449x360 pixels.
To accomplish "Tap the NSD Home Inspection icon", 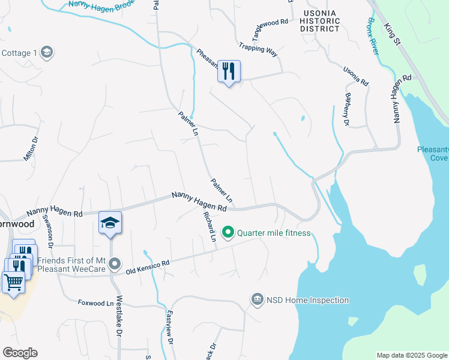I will click(x=257, y=299).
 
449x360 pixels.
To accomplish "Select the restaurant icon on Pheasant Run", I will click(x=228, y=71).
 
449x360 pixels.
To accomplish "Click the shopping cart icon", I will click(x=13, y=282).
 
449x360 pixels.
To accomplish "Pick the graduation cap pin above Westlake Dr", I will click(x=110, y=223).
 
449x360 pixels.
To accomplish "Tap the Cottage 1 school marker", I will click(x=47, y=53).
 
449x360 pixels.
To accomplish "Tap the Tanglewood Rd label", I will click(x=269, y=22).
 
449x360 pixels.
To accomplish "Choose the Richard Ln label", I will click(x=209, y=226).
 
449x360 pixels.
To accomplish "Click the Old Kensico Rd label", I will click(x=148, y=268).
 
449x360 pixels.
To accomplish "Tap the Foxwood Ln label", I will click(x=95, y=303).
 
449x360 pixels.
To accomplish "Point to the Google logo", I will click(x=20, y=353).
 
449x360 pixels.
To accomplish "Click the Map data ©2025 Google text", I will click(x=411, y=355).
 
